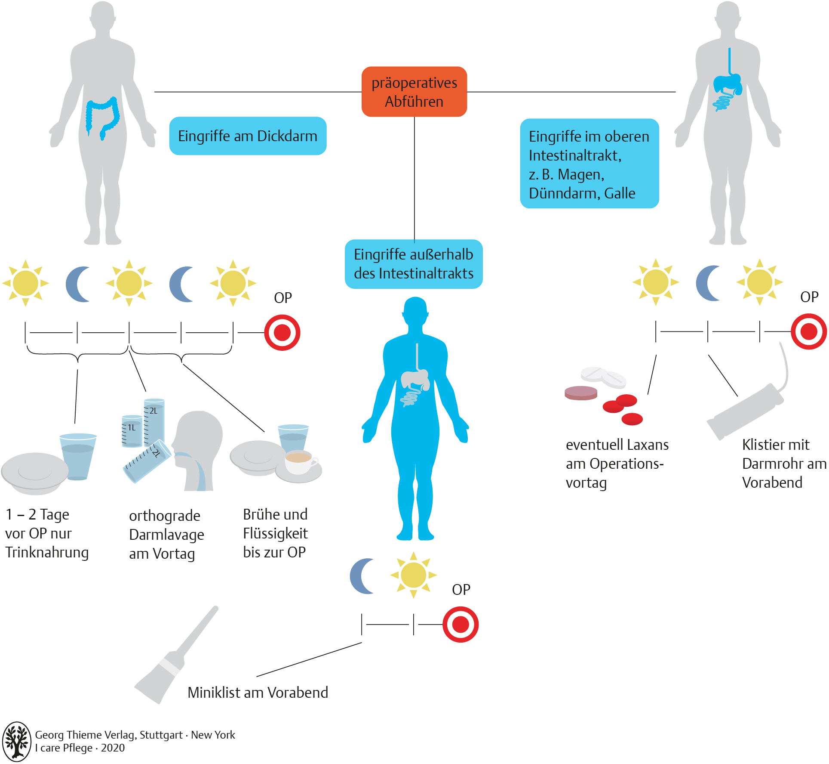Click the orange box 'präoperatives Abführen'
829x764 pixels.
[x=414, y=92]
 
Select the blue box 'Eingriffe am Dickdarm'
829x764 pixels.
[x=248, y=136]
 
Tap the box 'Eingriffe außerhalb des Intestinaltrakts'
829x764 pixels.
[x=414, y=264]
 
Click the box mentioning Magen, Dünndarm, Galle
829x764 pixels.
[x=589, y=164]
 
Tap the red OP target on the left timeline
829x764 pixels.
[x=282, y=333]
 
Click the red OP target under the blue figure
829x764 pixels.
[x=461, y=624]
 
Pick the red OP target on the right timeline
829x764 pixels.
[x=809, y=331]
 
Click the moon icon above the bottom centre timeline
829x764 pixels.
[x=362, y=576]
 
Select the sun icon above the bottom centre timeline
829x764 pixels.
[x=413, y=575]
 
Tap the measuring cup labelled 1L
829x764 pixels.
[x=132, y=431]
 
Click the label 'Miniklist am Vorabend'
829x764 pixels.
[x=258, y=693]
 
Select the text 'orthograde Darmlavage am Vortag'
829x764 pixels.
[x=166, y=535]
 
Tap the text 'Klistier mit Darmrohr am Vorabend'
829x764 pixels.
[x=783, y=464]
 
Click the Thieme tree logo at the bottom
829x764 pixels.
[x=16, y=742]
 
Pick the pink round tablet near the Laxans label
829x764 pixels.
[x=581, y=393]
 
